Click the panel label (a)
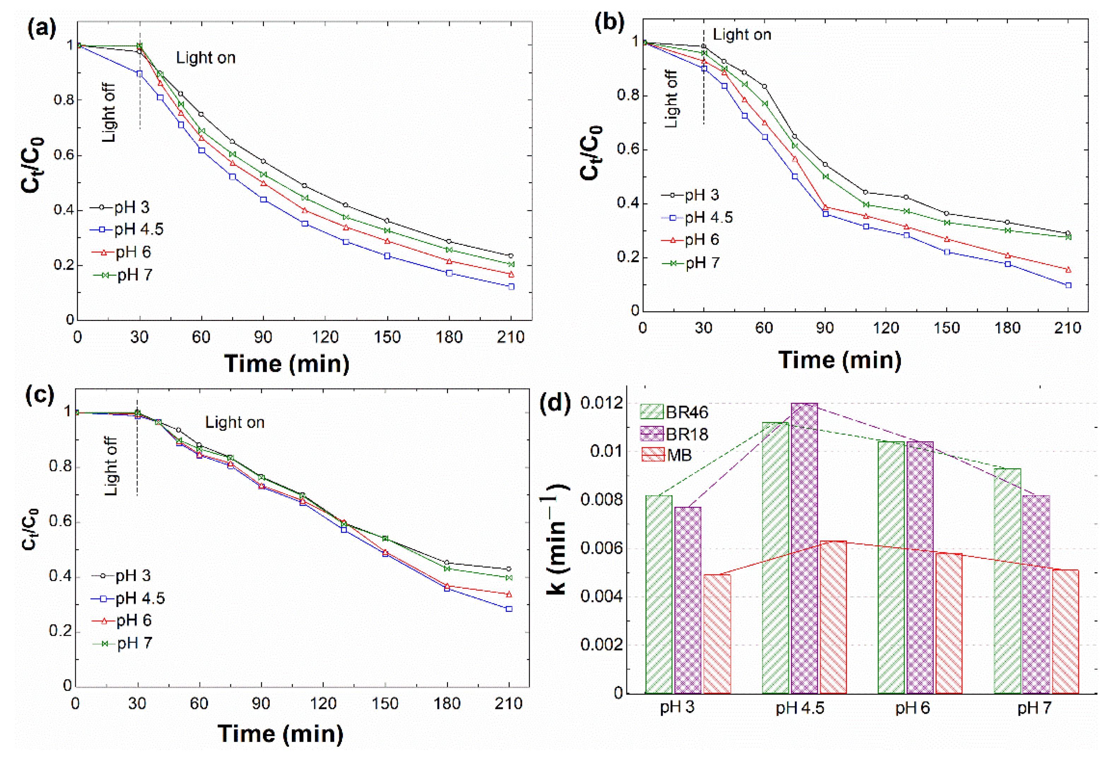41,30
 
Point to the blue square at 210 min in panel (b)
1068,286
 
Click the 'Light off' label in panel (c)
111,466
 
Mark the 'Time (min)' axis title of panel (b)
839,360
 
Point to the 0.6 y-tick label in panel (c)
60,522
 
